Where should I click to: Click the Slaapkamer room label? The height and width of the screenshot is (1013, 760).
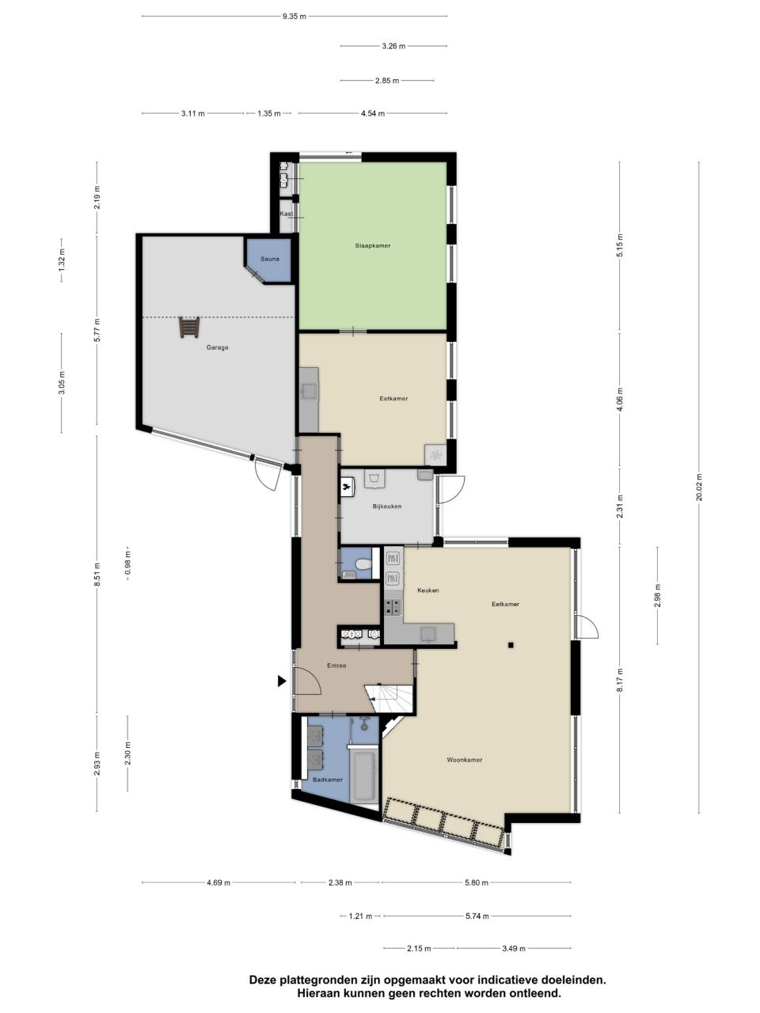[x=372, y=246]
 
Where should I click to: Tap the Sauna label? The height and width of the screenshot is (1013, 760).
[x=269, y=259]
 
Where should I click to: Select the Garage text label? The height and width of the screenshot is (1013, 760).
[x=217, y=347]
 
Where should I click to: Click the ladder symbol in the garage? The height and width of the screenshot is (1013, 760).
[x=189, y=327]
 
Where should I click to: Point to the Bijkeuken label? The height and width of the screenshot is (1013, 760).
[x=386, y=506]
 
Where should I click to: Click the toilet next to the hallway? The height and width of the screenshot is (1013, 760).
[x=363, y=563]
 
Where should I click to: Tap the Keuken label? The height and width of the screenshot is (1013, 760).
[x=427, y=590]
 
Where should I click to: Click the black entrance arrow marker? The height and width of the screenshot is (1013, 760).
[x=282, y=681]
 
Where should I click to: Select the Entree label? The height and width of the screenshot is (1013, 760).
[x=336, y=666]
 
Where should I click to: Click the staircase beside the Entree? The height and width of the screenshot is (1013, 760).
[x=389, y=698]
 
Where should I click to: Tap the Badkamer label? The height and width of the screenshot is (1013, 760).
[x=328, y=780]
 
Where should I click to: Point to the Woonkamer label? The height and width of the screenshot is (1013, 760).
[x=464, y=760]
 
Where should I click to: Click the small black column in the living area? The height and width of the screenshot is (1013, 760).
[x=511, y=645]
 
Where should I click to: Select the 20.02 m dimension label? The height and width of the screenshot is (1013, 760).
[x=699, y=487]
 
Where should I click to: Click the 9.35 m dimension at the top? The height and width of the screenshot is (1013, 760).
[x=294, y=17]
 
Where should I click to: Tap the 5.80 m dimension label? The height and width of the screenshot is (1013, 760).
[x=477, y=883]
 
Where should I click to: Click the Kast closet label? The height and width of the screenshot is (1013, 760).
[x=286, y=214]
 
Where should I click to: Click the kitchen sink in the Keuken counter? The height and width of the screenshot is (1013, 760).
[x=428, y=634]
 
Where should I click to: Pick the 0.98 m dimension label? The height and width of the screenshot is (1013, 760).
[x=127, y=564]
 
